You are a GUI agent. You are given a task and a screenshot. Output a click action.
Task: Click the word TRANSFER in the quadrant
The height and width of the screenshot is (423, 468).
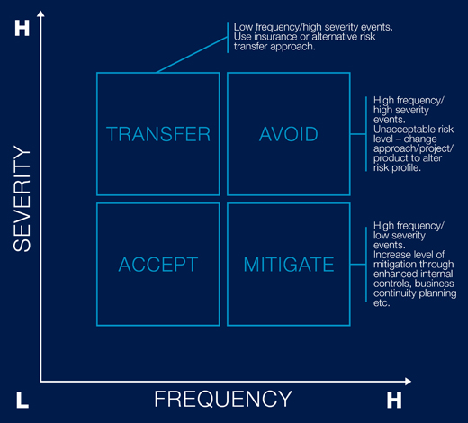pos(158,134)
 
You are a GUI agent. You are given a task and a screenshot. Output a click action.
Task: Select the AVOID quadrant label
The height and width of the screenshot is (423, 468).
pos(289,134)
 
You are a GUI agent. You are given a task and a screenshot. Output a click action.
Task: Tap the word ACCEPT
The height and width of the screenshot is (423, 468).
pos(158,265)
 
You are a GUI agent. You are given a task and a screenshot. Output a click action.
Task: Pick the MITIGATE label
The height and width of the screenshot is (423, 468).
pos(289,265)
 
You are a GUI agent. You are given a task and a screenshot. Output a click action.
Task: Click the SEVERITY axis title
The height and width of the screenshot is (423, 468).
pos(22,199)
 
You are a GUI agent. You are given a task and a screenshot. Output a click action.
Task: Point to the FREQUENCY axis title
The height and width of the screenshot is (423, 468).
pos(223,399)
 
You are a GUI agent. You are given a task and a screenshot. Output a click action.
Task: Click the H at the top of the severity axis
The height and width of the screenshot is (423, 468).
pos(22,28)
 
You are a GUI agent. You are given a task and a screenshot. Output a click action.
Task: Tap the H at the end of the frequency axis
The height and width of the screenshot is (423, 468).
pos(394,400)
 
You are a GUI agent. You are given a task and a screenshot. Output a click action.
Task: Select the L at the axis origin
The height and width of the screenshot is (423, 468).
pos(22,400)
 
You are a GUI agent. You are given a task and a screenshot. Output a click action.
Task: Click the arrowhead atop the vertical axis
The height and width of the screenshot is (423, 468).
pos(40,13)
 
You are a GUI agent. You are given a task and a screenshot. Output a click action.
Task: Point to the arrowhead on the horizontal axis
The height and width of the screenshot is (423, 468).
pos(408,382)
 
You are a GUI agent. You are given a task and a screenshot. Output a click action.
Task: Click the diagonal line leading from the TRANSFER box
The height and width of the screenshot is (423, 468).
pos(192,55)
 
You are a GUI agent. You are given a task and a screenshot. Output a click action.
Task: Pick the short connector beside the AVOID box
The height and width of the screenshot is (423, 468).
pos(358,134)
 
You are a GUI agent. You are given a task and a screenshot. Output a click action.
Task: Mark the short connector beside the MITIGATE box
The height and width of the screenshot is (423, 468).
pos(358,265)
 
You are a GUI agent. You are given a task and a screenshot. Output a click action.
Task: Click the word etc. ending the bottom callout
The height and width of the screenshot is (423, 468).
pos(382,303)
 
